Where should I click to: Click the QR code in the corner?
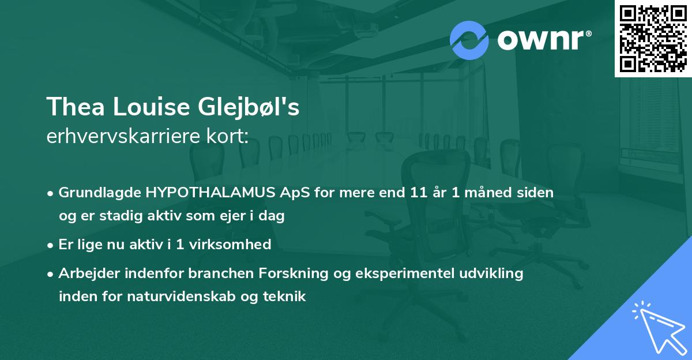point(653,38)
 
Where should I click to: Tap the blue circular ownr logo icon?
point(469,40)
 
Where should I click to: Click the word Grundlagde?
point(95,193)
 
